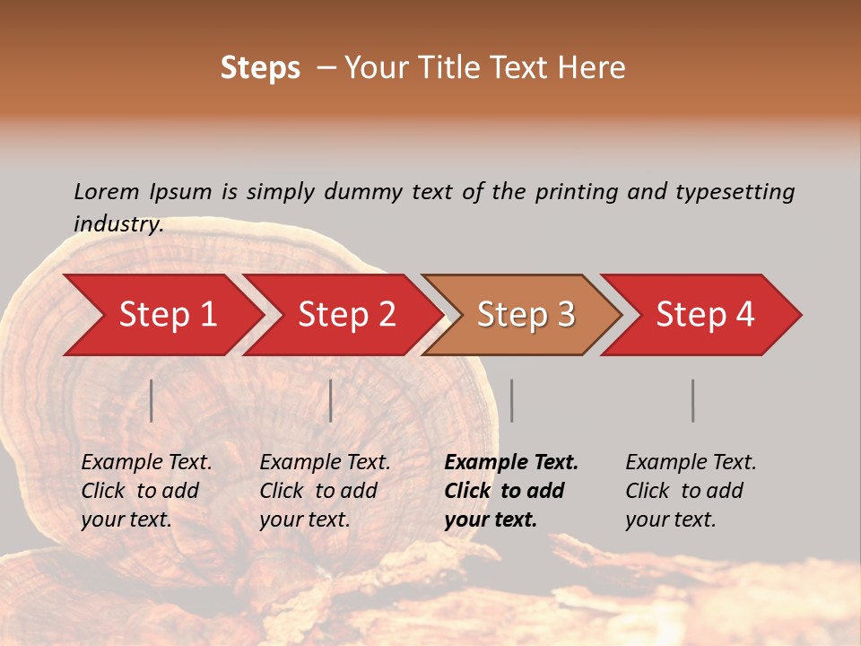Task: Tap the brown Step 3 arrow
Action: click(526, 315)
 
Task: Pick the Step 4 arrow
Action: click(705, 315)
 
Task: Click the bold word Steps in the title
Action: click(260, 68)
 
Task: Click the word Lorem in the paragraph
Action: click(106, 191)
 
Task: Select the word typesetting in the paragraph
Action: click(735, 191)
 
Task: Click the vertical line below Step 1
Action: click(152, 400)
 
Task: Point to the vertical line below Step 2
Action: click(331, 400)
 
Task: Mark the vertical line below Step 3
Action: click(512, 400)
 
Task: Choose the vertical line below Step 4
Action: click(693, 400)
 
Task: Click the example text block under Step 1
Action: click(146, 491)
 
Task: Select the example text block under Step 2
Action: click(325, 491)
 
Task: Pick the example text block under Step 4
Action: click(691, 491)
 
